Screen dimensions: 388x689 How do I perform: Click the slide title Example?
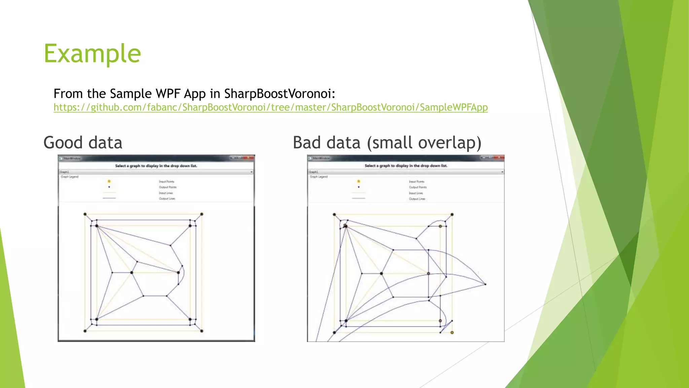92,54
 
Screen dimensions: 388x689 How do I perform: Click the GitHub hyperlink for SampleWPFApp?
270,107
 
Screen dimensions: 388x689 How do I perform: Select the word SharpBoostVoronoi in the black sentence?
279,94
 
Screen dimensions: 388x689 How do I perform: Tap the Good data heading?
83,142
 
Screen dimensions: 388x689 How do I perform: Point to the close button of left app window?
249,158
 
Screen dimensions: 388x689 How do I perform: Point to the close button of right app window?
499,157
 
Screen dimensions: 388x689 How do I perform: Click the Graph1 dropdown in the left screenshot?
156,172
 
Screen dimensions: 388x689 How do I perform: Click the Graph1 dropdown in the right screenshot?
406,172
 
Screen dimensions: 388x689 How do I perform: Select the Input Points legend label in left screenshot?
167,182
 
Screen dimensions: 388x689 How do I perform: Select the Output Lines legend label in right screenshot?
417,199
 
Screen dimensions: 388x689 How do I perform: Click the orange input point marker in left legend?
109,181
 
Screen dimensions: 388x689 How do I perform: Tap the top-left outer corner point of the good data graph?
85,214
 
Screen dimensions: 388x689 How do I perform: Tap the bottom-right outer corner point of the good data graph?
202,331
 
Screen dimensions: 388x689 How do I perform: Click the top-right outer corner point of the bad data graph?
452,215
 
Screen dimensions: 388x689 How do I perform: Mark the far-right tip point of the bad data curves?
485,284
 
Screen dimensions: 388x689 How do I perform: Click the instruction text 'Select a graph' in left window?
156,166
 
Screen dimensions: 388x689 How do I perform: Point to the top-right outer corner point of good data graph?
202,214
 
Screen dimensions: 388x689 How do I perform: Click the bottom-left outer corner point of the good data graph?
85,331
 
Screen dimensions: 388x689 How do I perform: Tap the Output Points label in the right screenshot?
418,187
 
